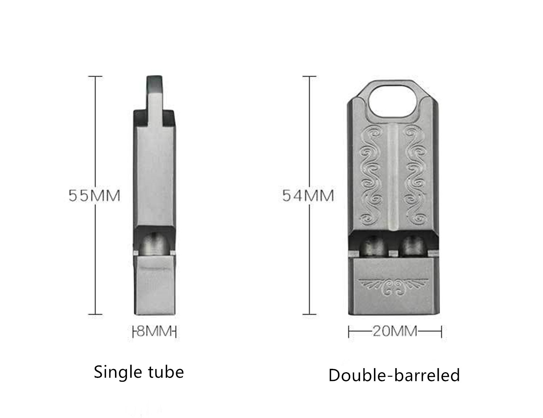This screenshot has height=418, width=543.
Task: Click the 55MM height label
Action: pos(94,195)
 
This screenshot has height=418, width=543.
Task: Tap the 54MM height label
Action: pos(308,195)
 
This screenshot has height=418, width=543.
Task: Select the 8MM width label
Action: pos(154,331)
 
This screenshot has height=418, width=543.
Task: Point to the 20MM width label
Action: pos(395,331)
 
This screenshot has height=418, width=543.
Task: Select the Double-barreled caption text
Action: pos(394,375)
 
